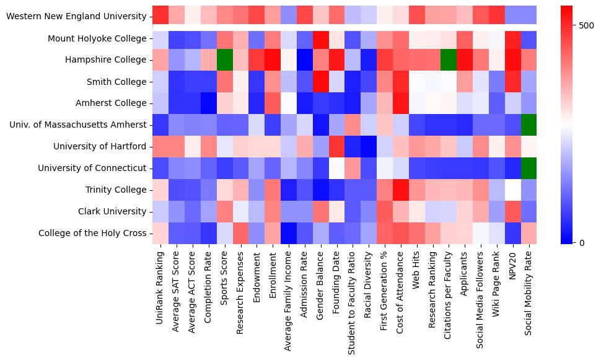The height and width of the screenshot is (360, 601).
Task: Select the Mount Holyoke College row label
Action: [98, 38]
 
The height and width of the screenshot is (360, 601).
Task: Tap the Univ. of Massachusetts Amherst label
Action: [78, 125]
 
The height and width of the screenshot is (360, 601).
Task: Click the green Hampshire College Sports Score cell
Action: [224, 60]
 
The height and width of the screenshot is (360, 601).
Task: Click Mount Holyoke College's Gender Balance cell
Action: [320, 38]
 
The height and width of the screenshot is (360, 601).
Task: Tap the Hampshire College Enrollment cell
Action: [272, 60]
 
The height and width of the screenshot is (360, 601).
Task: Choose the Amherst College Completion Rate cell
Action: [208, 103]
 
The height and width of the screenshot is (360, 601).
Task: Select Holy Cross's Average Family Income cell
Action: [288, 233]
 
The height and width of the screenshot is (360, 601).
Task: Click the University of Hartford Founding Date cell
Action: [336, 146]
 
